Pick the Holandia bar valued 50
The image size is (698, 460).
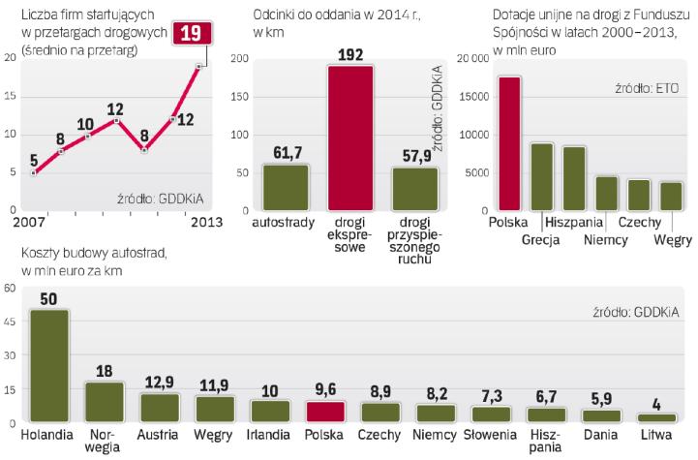pos(47,366)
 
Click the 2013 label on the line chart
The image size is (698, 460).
pos(206,222)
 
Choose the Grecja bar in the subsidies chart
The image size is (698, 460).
pos(541,176)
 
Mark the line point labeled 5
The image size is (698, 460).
pos(34,173)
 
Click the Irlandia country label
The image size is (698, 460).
pos(269,435)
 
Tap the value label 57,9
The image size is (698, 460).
pos(414,155)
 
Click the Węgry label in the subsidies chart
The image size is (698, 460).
pos(672,238)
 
